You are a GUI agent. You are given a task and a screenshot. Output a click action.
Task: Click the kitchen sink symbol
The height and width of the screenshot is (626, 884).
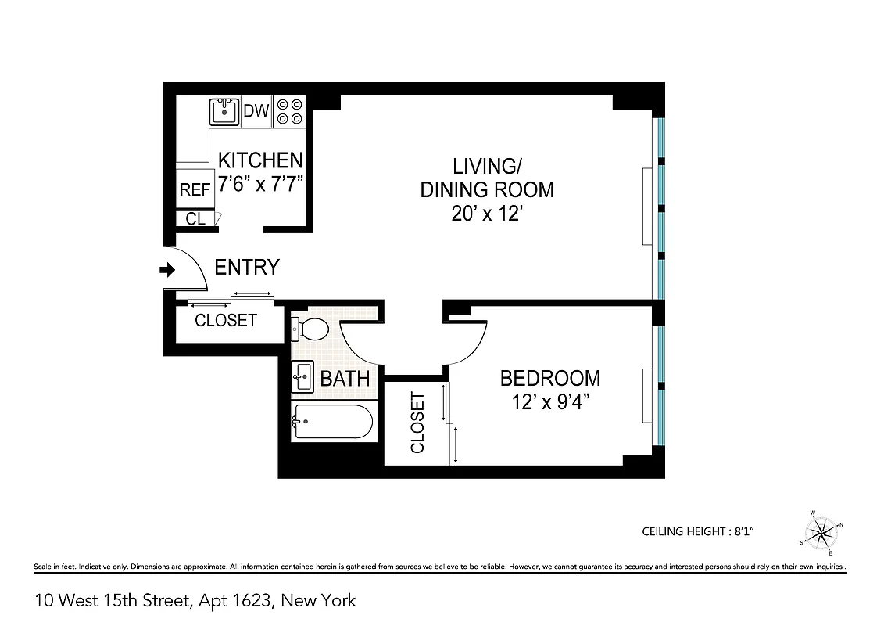(224, 111)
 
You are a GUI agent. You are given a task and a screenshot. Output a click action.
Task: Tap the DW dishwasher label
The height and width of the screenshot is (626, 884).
(256, 111)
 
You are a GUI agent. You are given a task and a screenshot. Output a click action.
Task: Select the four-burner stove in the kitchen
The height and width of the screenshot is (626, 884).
(289, 111)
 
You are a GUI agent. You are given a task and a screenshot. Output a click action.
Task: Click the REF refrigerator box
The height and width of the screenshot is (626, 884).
(195, 189)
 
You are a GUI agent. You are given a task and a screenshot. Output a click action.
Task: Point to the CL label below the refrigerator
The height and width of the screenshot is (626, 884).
(195, 219)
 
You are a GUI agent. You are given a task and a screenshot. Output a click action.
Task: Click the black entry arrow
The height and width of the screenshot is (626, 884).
(166, 270)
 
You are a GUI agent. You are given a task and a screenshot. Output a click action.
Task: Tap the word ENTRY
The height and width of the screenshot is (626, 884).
(246, 268)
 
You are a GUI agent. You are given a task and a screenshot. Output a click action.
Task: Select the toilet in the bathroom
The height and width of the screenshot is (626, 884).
(310, 329)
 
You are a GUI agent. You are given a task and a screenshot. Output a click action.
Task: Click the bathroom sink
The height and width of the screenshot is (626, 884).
(302, 377)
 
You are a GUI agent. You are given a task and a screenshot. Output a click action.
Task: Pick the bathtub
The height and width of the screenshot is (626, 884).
(331, 423)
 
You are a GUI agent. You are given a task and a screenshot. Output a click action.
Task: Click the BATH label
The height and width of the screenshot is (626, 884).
(345, 380)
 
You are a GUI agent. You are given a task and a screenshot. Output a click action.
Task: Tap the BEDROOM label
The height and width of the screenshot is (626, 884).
(549, 379)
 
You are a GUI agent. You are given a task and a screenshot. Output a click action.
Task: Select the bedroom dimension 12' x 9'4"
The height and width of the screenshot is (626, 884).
(549, 404)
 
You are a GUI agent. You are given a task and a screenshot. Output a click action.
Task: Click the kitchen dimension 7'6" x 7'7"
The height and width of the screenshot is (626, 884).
(259, 185)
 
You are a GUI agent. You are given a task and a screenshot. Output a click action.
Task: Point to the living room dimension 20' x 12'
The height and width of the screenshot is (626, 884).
(486, 214)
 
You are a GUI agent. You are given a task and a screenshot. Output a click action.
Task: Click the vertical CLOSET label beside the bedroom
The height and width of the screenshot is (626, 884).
(417, 423)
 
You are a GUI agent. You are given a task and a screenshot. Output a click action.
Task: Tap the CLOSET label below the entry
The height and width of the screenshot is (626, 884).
(225, 321)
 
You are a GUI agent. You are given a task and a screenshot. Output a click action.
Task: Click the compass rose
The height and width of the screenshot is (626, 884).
(821, 532)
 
